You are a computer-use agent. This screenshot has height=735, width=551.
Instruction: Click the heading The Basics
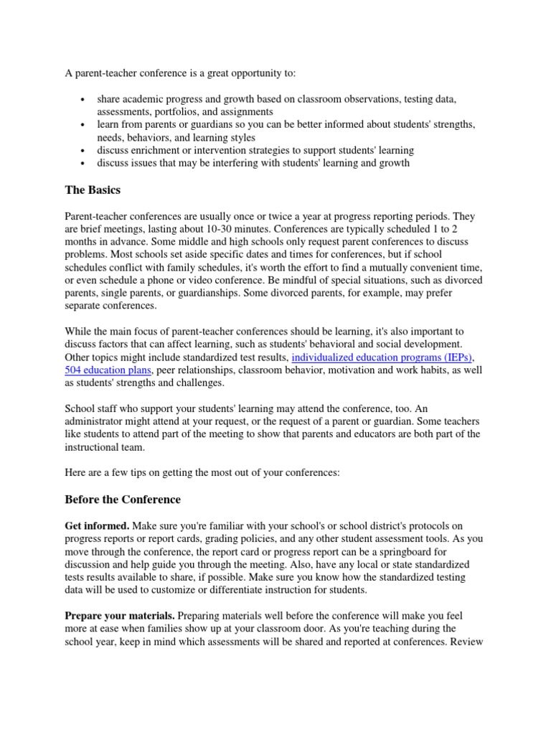click(93, 190)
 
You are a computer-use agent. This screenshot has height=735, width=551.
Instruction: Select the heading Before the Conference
click(123, 499)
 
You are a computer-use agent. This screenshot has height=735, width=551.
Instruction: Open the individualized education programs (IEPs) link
click(382, 357)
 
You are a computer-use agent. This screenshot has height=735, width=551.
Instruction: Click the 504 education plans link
click(108, 370)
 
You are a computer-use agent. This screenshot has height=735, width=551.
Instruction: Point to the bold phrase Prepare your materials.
click(120, 615)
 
